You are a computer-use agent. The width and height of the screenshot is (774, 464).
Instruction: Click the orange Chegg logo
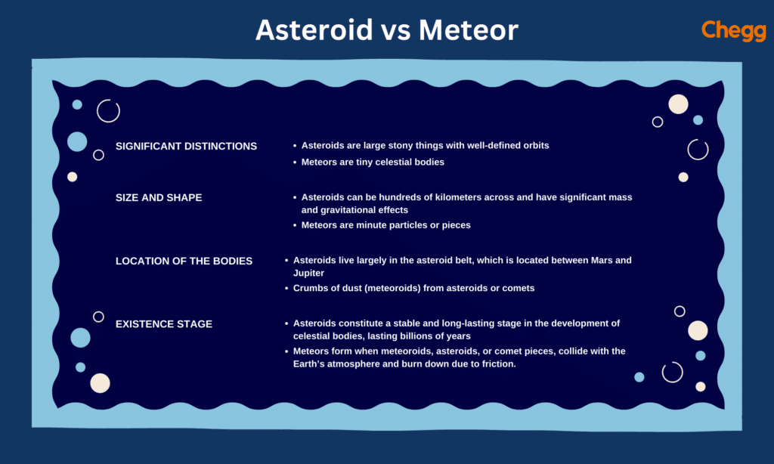[733, 30]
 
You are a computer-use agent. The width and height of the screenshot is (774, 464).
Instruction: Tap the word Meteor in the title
[469, 30]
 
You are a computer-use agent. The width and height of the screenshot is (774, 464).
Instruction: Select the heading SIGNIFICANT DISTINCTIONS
[186, 146]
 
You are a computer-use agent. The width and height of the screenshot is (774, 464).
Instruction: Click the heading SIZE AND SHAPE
[159, 197]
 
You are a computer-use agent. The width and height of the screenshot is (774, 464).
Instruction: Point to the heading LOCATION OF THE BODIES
[184, 261]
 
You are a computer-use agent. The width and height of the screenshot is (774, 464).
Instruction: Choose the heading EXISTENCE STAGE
[164, 324]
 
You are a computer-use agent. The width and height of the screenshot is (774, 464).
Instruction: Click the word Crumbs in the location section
[308, 288]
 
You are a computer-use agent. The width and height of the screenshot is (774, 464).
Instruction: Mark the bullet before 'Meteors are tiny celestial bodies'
[294, 162]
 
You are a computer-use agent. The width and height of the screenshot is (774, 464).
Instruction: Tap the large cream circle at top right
[678, 104]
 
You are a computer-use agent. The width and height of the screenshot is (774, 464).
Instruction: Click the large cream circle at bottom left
[100, 383]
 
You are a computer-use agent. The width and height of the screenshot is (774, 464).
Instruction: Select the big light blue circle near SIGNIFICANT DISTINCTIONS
[77, 141]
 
